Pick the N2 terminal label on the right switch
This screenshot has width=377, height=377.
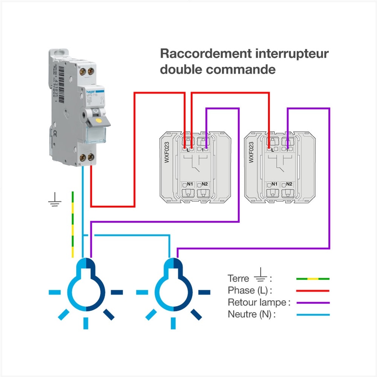[289, 184]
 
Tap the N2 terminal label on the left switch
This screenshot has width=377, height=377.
[204, 184]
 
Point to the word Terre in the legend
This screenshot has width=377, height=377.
[238, 279]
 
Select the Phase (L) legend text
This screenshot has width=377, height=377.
[250, 291]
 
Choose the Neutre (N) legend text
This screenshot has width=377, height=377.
[251, 314]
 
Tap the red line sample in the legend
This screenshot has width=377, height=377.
[313, 291]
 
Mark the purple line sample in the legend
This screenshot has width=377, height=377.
[313, 302]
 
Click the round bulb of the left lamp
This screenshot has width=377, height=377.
[86, 292]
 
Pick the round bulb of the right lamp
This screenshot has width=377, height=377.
[173, 292]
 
